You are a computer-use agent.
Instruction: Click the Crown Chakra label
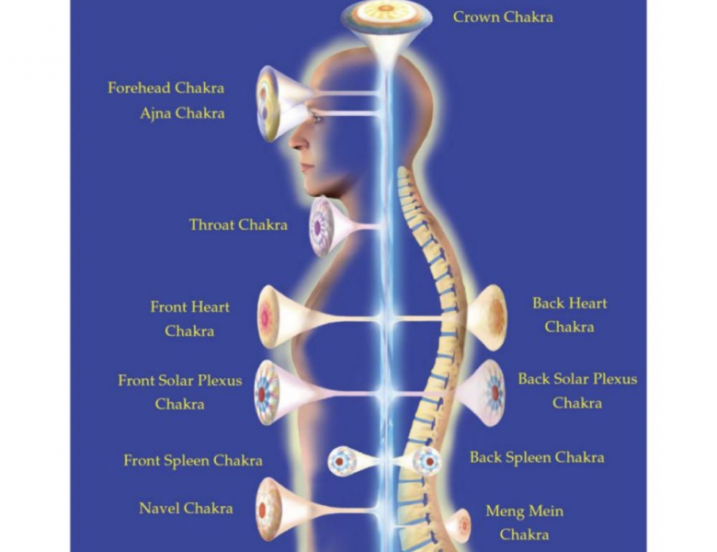click(x=503, y=17)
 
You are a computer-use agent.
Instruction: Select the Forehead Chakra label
click(x=166, y=87)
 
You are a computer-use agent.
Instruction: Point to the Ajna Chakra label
click(x=182, y=112)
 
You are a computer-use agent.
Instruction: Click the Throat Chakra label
click(x=238, y=224)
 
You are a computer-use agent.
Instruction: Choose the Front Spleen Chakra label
click(x=193, y=460)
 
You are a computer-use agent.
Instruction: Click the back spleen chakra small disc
click(x=427, y=460)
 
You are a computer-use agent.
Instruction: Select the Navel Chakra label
click(x=186, y=508)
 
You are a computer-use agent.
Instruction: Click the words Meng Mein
click(x=525, y=511)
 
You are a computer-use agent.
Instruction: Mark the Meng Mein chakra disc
click(x=463, y=523)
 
